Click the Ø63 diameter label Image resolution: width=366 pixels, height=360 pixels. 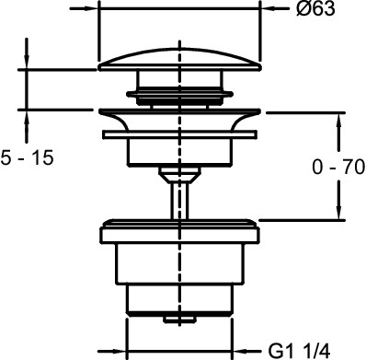(315, 8)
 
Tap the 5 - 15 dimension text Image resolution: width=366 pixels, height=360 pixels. (28, 158)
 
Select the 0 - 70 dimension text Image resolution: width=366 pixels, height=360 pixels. (338, 168)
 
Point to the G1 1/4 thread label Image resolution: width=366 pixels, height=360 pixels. (299, 351)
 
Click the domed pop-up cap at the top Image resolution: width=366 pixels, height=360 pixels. (180, 60)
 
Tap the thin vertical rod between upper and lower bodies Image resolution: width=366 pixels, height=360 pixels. (180, 201)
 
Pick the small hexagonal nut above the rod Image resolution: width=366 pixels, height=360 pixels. (180, 175)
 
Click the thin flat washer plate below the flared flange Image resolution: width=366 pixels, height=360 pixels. (180, 134)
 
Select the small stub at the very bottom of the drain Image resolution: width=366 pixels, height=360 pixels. (179, 319)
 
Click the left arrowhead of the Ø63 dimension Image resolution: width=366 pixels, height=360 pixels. (91, 8)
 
